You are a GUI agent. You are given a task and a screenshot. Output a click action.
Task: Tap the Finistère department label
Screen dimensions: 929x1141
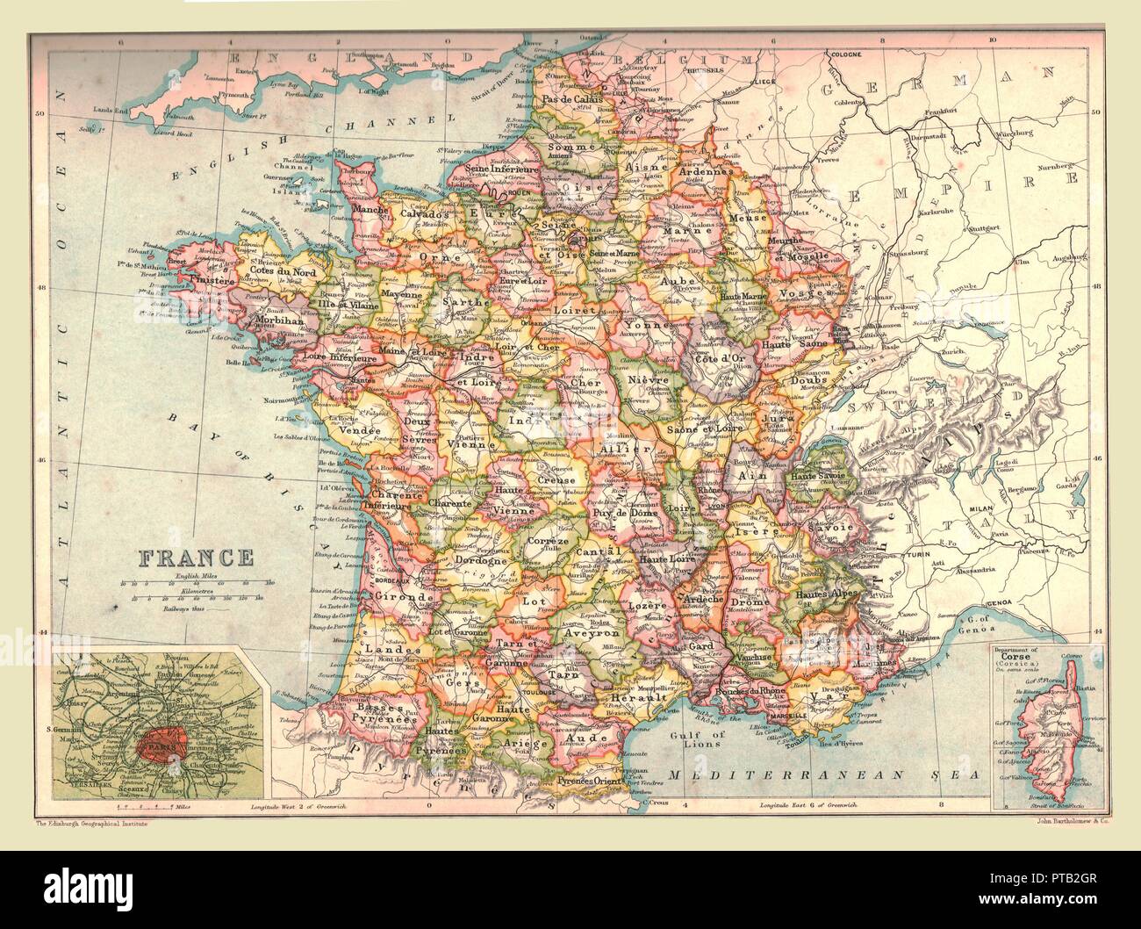tap(213, 282)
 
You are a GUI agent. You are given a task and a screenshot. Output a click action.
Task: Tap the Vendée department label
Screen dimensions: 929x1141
tap(360, 431)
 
